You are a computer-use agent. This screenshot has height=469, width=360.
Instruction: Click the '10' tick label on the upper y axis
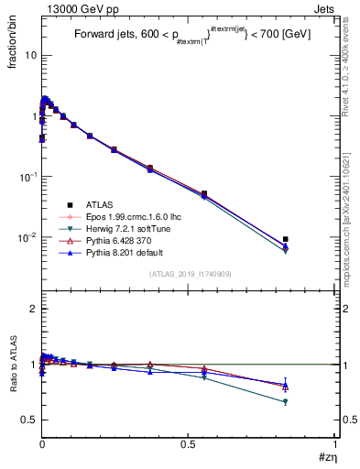coord(29,55)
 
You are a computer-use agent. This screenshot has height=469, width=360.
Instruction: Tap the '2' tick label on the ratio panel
coord(33,310)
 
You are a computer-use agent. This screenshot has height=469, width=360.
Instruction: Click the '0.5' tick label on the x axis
coord(189,443)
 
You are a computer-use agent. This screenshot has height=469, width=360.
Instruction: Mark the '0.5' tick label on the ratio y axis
coord(29,420)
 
